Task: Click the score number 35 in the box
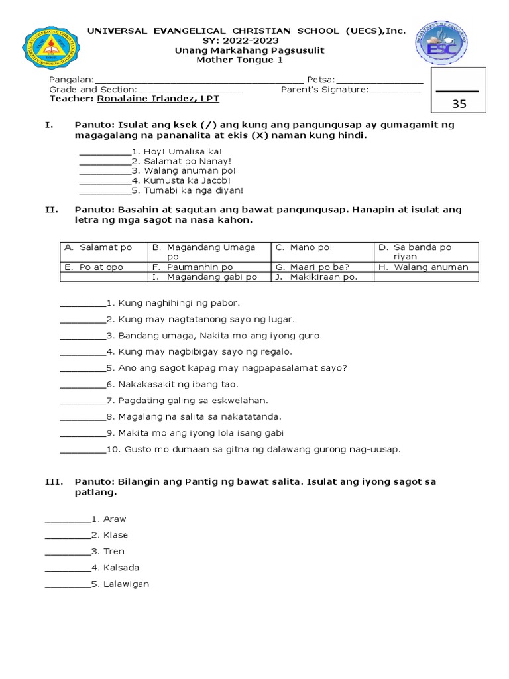coord(459,103)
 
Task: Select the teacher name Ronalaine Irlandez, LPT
coord(158,99)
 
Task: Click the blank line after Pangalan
coord(199,80)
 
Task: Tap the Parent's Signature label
coord(324,90)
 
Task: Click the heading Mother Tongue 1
coord(249,60)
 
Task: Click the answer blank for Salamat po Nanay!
coord(105,161)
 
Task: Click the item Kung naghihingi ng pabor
coord(174,303)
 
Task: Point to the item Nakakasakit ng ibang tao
coord(178,384)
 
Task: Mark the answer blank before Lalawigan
coord(68,584)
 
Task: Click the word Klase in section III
coord(115,535)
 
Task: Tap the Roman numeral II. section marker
coord(52,210)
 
